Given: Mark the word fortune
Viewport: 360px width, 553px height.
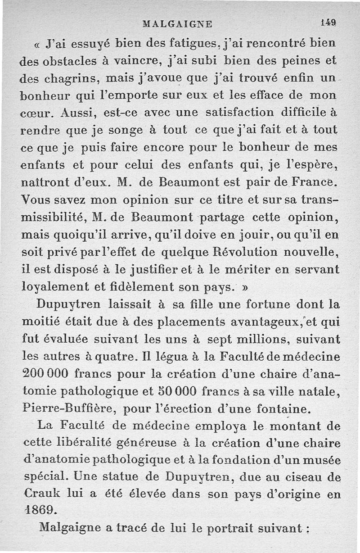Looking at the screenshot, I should point(263,304).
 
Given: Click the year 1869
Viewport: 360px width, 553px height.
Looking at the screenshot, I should point(40,510).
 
